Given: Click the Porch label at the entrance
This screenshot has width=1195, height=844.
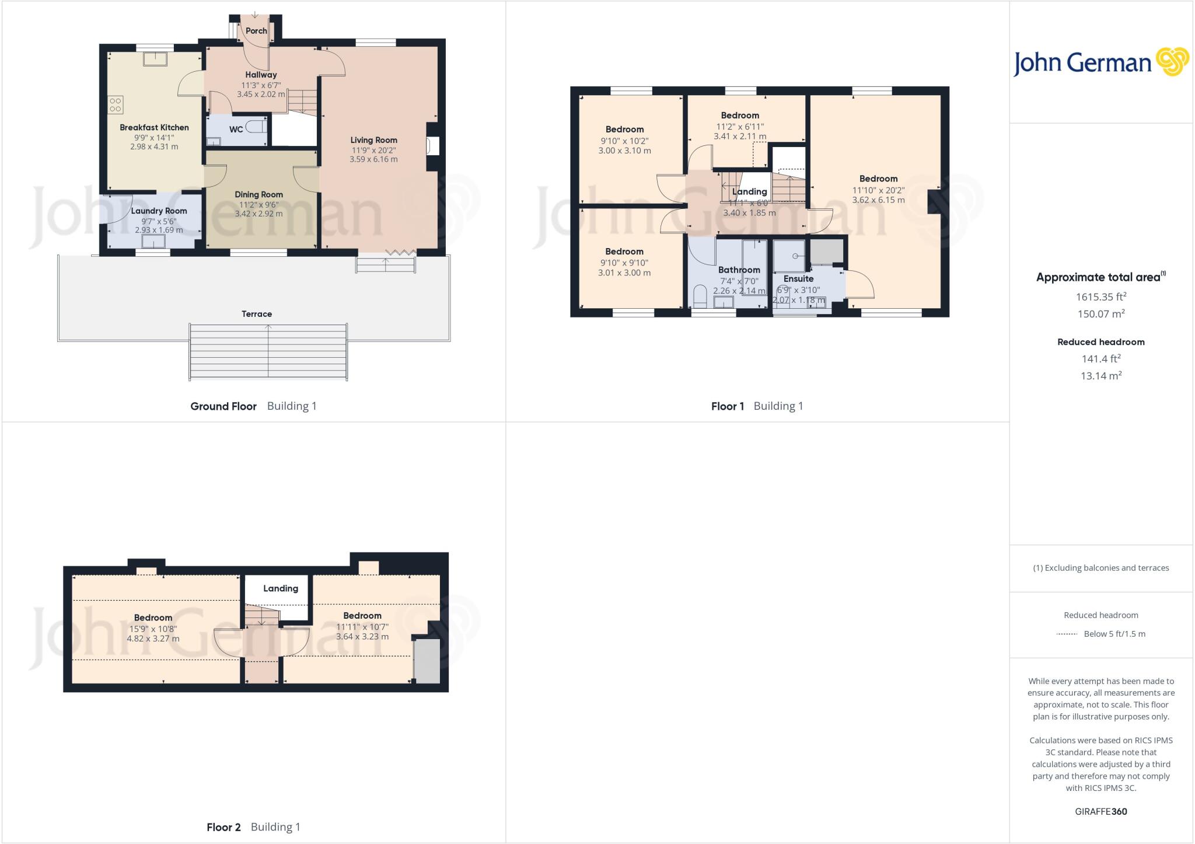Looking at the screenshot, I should pyautogui.click(x=256, y=31).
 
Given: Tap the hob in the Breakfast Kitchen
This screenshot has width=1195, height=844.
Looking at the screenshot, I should pyautogui.click(x=116, y=104).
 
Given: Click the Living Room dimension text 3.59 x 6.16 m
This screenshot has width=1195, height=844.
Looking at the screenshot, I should pyautogui.click(x=373, y=159).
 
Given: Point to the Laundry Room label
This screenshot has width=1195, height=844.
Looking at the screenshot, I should pyautogui.click(x=159, y=211).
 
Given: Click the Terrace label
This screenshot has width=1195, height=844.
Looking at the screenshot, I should pyautogui.click(x=257, y=314).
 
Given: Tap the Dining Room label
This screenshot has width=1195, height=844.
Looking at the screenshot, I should pyautogui.click(x=258, y=195).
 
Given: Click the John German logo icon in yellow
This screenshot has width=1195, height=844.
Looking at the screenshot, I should pyautogui.click(x=1172, y=62).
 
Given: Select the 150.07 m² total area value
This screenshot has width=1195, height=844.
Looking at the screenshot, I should pyautogui.click(x=1100, y=314).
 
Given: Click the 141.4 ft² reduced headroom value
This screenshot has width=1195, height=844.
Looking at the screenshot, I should pyautogui.click(x=1100, y=359).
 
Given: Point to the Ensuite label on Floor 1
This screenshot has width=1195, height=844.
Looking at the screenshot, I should pyautogui.click(x=798, y=279).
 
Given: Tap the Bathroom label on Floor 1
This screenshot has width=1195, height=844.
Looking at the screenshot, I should pyautogui.click(x=739, y=270).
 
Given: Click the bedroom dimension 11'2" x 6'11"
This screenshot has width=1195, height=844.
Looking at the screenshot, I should pyautogui.click(x=740, y=127).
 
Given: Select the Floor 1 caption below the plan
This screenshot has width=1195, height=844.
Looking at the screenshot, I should pyautogui.click(x=727, y=406).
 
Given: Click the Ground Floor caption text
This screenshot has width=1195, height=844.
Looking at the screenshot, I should pyautogui.click(x=223, y=406).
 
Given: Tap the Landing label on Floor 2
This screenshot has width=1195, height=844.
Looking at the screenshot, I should pyautogui.click(x=281, y=589).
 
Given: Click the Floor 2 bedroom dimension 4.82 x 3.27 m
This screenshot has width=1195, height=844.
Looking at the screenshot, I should pyautogui.click(x=153, y=639).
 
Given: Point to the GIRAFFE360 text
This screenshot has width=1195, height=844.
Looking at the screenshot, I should pyautogui.click(x=1100, y=812).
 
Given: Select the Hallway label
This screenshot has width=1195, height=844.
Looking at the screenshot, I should pyautogui.click(x=261, y=75).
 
